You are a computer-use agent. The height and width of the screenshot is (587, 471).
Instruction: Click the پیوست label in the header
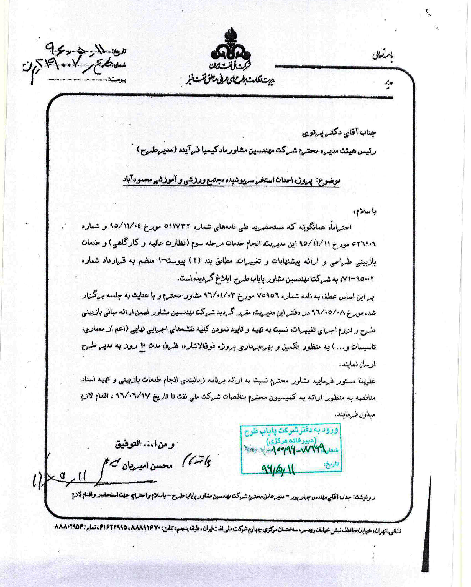pyautogui.click(x=118, y=80)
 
